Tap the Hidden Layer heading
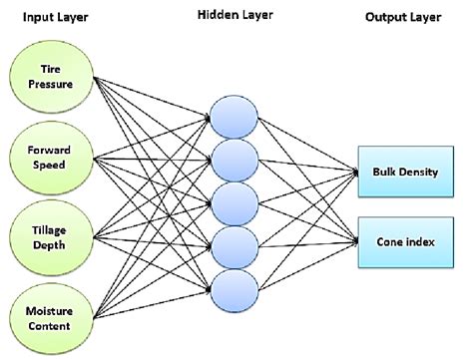coord(233,17)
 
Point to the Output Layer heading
coord(407,17)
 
